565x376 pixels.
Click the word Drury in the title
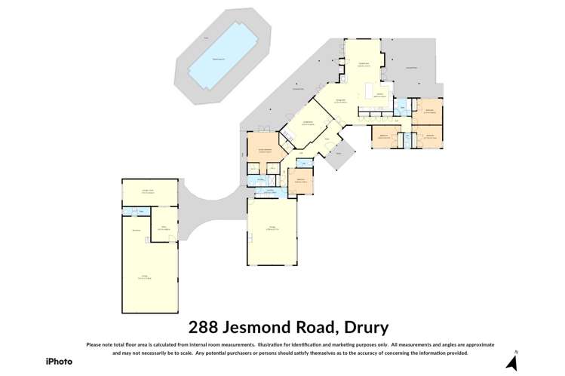364,328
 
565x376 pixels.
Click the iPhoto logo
58,360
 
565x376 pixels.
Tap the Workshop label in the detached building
137,229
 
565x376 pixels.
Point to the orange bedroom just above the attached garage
299,180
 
